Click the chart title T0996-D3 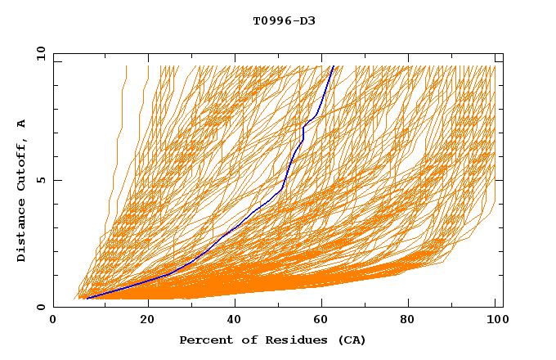pyautogui.click(x=284, y=20)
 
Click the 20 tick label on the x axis pyautogui.click(x=148, y=320)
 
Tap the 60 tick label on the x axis pyautogui.click(x=325, y=320)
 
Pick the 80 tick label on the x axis pyautogui.click(x=414, y=320)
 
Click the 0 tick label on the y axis pyautogui.click(x=41, y=307)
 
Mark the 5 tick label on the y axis pyautogui.click(x=41, y=180)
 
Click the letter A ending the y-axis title pyautogui.click(x=21, y=123)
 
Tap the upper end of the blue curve pyautogui.click(x=333, y=66)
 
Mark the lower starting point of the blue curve pyautogui.click(x=86, y=299)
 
